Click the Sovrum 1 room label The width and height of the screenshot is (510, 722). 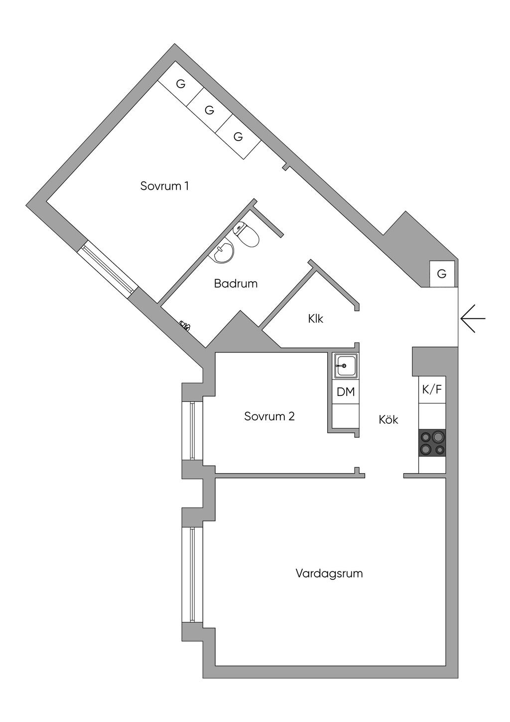pos(164,186)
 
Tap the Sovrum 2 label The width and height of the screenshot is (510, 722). pos(269,416)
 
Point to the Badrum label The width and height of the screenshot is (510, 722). pos(236,284)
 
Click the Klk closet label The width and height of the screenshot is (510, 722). pos(316,319)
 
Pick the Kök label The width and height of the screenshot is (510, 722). pos(388,419)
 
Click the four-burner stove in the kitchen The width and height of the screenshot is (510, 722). pos(432,443)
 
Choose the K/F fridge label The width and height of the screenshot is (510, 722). pos(432,389)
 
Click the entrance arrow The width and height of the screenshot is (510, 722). pos(473,319)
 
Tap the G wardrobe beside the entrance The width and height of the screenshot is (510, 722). pos(442,274)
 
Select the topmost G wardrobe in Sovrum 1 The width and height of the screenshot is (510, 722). pos(181,84)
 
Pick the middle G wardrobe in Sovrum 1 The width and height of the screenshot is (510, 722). pos(209,110)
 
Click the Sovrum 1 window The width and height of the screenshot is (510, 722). pos(108,269)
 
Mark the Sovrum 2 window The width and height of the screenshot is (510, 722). pos(192,431)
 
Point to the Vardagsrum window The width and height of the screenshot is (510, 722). pos(192,574)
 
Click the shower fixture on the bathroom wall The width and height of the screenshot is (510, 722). pos(185,325)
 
